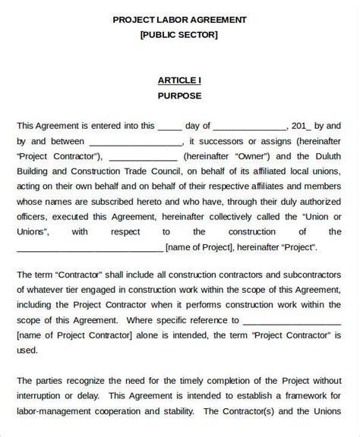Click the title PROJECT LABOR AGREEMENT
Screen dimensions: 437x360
[179, 19]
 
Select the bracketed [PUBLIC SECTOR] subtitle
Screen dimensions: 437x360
[179, 34]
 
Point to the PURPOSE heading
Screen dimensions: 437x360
[179, 96]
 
